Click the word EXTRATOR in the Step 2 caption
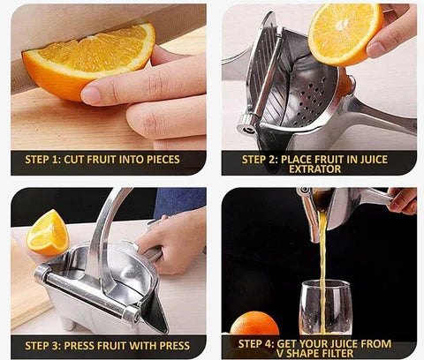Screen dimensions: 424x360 point(314,169)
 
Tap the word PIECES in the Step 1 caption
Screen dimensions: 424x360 point(163,160)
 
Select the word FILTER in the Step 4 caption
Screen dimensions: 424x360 point(337,353)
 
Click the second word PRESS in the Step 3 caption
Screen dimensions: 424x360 point(175,346)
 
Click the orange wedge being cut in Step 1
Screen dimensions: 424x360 point(88,60)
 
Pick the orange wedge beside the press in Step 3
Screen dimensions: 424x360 point(48,233)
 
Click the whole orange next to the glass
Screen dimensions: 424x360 point(254,324)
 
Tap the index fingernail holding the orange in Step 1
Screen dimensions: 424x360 point(90,96)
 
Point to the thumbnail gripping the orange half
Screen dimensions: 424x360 point(375,49)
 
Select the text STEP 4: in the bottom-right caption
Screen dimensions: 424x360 point(256,344)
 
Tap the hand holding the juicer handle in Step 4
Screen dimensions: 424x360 point(402,201)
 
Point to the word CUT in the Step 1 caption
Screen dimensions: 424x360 point(74,160)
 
